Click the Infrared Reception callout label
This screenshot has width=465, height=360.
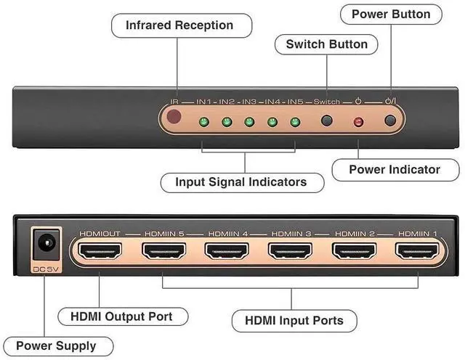[179, 25]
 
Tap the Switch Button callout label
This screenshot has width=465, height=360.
[326, 44]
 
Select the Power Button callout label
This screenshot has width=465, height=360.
[390, 14]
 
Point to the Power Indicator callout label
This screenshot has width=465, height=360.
[395, 169]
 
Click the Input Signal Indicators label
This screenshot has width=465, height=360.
[240, 181]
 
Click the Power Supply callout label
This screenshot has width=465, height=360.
[55, 346]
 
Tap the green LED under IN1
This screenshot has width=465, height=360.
[204, 121]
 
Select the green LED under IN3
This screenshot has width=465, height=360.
[249, 121]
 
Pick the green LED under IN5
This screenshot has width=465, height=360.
[294, 121]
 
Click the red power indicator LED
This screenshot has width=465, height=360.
[358, 121]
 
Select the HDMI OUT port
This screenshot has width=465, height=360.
[100, 252]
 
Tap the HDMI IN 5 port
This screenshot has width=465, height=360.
[163, 252]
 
